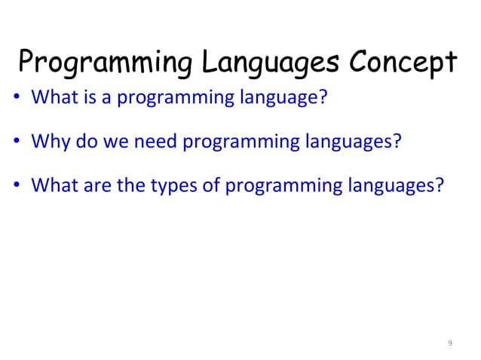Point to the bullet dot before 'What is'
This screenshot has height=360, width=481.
(20, 99)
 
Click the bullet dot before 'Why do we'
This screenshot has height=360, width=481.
(20, 143)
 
